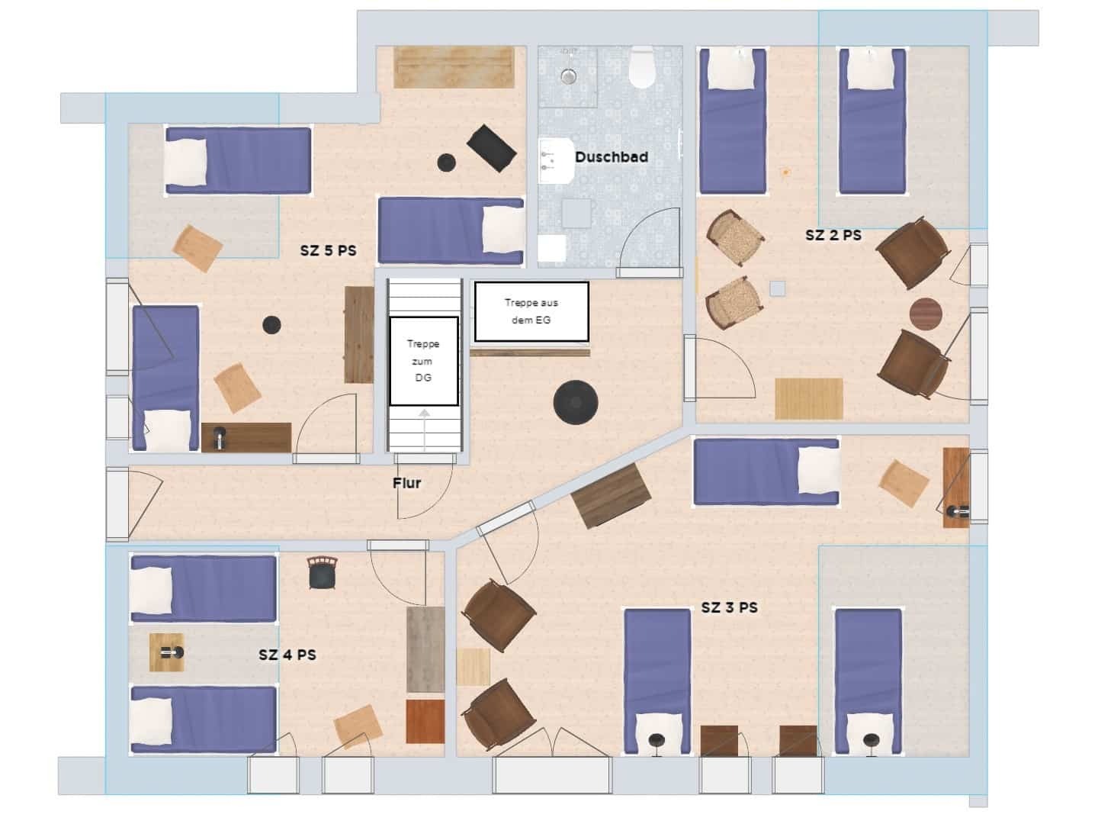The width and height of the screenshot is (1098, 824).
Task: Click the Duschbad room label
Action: (612, 157)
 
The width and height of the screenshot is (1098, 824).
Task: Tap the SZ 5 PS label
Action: (328, 251)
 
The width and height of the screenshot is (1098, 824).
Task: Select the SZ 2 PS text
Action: (833, 235)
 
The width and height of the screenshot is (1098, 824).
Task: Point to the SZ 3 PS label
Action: (730, 608)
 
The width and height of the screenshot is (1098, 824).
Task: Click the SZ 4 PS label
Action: (287, 655)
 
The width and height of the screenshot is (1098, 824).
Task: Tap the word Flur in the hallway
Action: (406, 483)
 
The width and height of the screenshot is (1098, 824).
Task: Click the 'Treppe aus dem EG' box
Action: (531, 311)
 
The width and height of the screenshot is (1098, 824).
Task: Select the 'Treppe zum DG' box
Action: (424, 361)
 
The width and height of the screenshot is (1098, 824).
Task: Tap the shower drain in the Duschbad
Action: (568, 76)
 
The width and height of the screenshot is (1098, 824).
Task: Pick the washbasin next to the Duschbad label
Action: (557, 161)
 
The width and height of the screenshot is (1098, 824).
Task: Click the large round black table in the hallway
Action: (576, 402)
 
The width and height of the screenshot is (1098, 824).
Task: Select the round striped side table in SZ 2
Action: (926, 314)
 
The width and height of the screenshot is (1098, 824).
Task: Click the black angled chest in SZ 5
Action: (491, 148)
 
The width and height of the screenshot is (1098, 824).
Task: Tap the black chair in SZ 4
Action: (322, 573)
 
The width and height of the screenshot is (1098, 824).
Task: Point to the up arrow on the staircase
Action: (425, 430)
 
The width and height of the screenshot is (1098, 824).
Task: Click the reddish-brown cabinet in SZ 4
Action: (425, 722)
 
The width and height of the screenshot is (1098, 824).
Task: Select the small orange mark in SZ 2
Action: (786, 172)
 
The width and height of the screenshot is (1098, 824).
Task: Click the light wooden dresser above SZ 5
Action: (454, 67)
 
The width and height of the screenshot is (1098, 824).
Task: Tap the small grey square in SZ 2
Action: (777, 288)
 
